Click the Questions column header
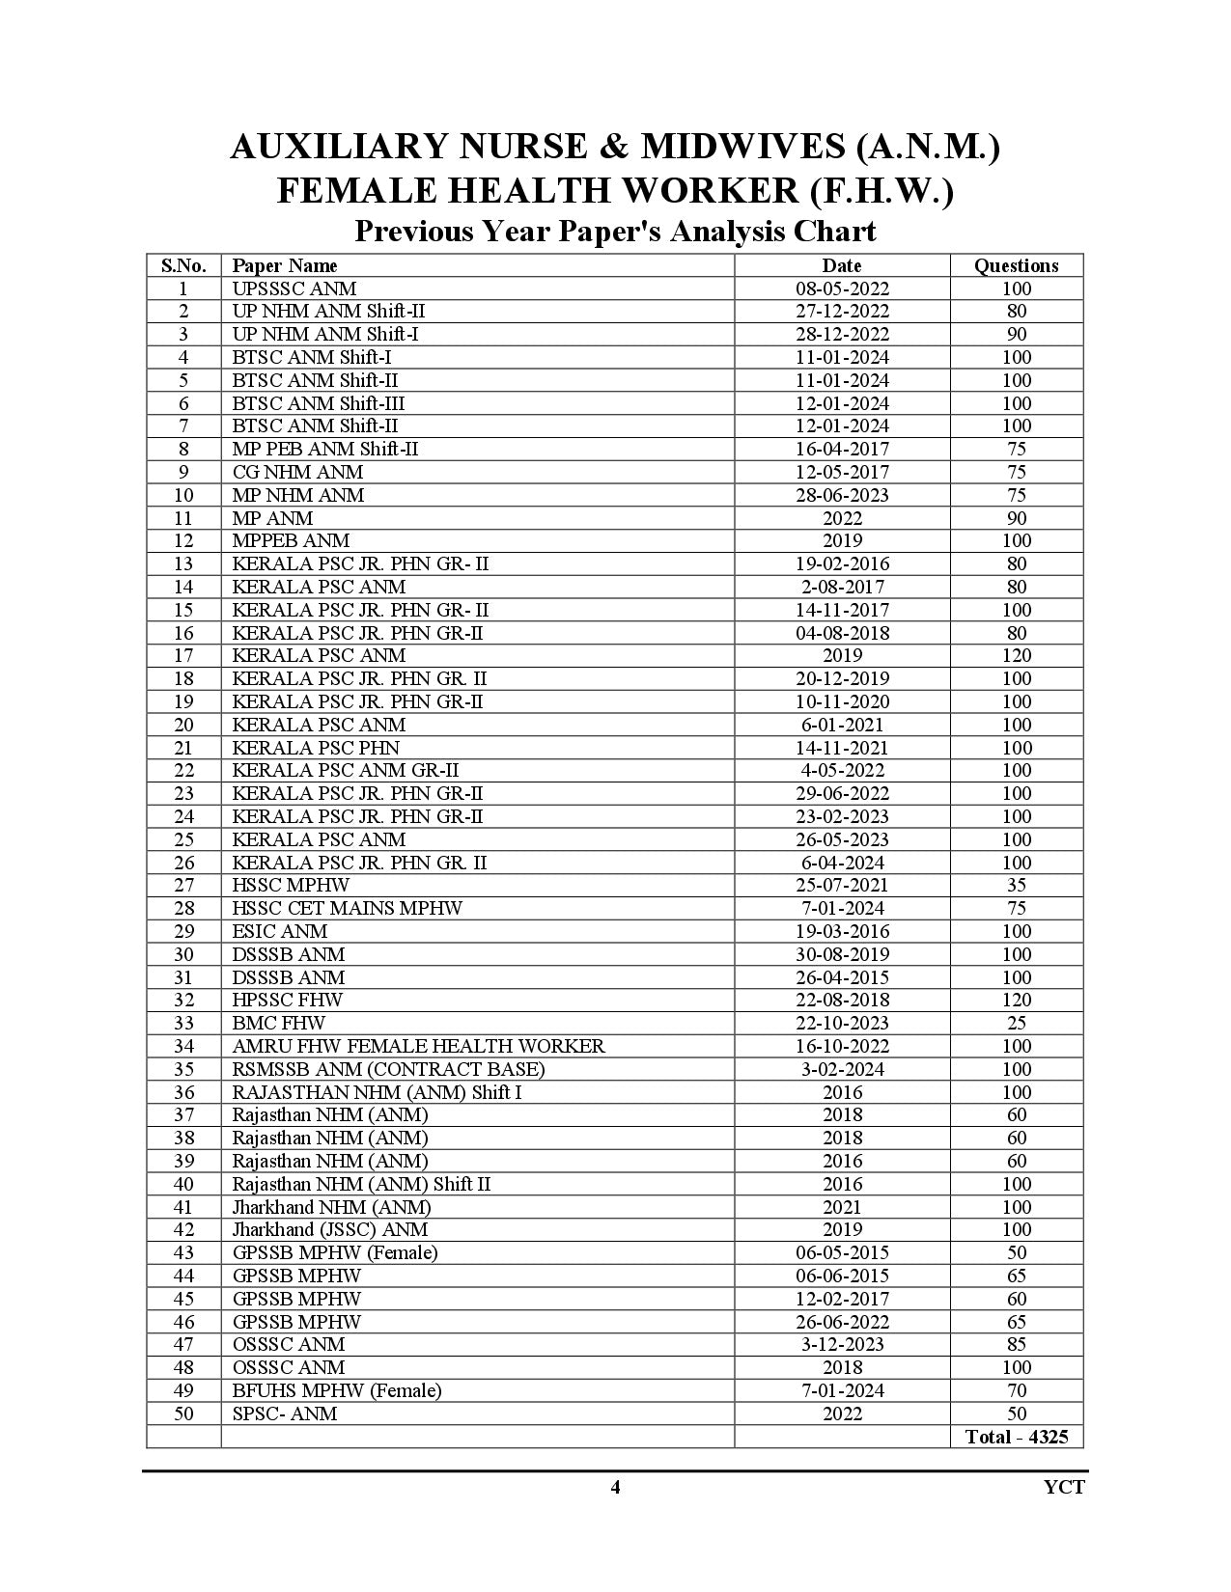coord(1016,265)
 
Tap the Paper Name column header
coord(285,265)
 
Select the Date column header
coord(841,265)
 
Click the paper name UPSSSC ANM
coord(294,288)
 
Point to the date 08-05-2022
coord(842,288)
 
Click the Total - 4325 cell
coord(1016,1437)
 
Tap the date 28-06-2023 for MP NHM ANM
coord(842,495)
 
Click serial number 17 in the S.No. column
coord(183,656)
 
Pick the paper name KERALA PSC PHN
coord(316,748)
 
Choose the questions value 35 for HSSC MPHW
coord(1016,886)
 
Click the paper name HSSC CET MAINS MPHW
coord(348,908)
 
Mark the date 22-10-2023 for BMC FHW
coord(842,1023)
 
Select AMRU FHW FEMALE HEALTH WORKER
coord(419,1046)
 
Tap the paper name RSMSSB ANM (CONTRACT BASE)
coord(389,1069)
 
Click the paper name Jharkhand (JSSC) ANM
coord(330,1229)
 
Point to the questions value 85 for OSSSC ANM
coord(1016,1344)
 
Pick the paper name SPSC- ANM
coord(285,1414)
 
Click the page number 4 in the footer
coord(615,1487)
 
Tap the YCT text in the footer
coord(1064,1487)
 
